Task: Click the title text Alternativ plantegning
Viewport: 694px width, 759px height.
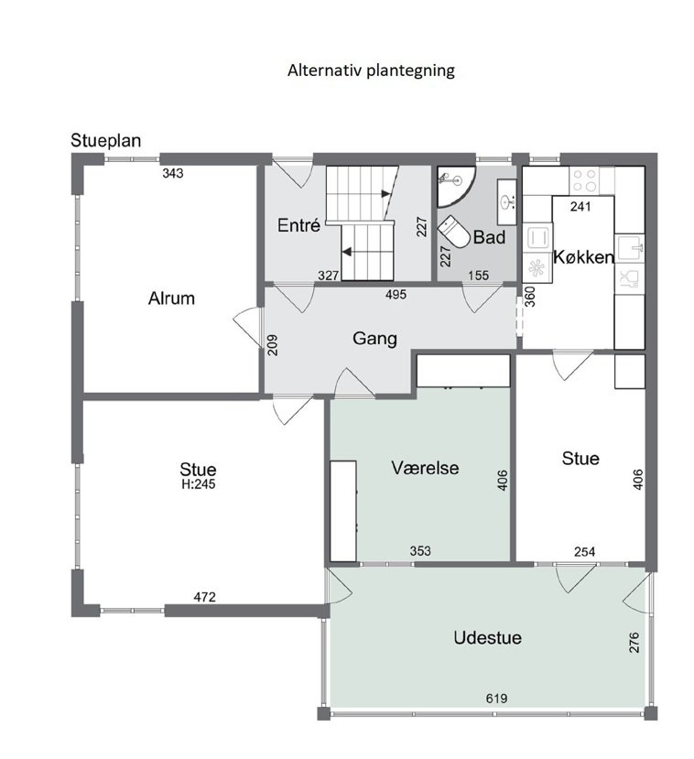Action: pos(371,70)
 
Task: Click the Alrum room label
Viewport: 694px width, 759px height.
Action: pos(171,298)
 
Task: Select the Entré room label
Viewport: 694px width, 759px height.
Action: pos(298,224)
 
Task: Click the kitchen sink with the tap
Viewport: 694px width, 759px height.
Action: pos(630,246)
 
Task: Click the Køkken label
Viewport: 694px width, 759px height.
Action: pos(583,258)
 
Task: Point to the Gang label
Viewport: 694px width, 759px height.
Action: pos(375,339)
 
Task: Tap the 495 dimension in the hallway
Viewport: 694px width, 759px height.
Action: pos(396,295)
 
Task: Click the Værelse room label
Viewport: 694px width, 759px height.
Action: pos(424,468)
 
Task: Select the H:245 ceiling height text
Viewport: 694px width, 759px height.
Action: pos(199,485)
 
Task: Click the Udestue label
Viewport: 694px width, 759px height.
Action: pos(487,638)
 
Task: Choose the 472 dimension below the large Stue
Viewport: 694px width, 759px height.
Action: pos(204,598)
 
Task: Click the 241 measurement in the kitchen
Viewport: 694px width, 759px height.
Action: pos(580,206)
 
